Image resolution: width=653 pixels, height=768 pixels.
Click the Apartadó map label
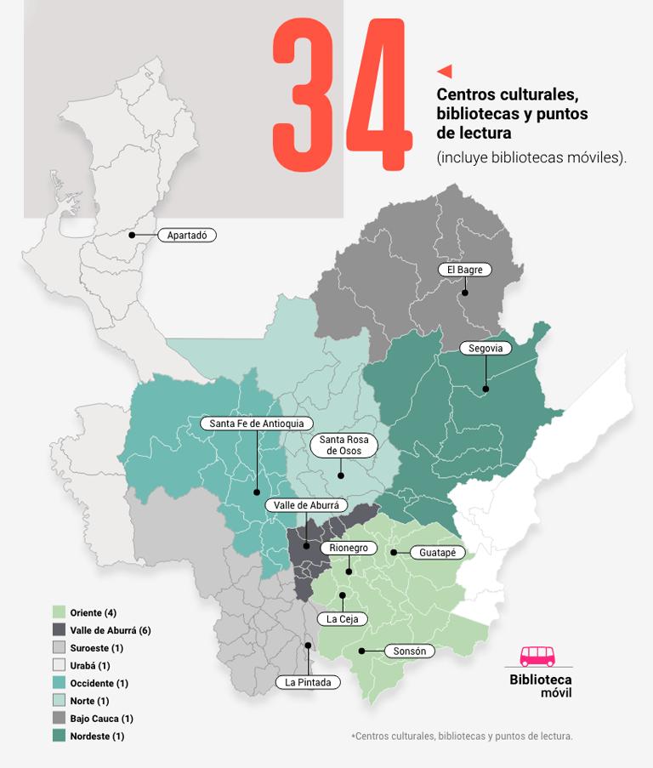(x=188, y=235)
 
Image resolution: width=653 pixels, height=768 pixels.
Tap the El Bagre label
(x=465, y=270)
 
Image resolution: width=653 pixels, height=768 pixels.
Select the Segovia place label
(x=485, y=348)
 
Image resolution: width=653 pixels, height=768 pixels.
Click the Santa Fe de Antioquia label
(x=256, y=424)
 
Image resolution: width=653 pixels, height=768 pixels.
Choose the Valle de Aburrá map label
(x=306, y=505)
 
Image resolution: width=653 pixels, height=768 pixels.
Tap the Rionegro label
(x=348, y=549)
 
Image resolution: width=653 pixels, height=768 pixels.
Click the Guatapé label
(x=438, y=553)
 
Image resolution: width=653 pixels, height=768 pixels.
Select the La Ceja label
(x=343, y=619)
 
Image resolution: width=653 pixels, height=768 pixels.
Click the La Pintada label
(x=308, y=682)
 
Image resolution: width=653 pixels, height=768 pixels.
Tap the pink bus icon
(x=537, y=656)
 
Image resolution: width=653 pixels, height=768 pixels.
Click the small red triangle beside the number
(x=444, y=71)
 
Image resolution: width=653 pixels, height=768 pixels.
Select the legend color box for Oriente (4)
(x=59, y=612)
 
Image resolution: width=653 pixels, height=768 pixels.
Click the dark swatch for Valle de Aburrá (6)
(x=59, y=630)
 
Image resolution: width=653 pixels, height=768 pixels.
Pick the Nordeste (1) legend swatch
(x=59, y=737)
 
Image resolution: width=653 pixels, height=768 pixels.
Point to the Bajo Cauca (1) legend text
(x=102, y=719)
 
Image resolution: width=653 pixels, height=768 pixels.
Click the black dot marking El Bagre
(x=465, y=294)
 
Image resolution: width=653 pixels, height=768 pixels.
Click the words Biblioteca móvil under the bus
(x=541, y=686)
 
